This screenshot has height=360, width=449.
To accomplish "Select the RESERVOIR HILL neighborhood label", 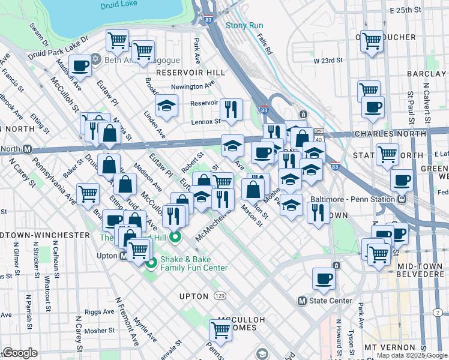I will [x=190, y=73].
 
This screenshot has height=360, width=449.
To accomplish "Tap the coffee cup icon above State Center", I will [x=324, y=278].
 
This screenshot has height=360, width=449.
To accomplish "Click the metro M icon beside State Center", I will [x=303, y=301].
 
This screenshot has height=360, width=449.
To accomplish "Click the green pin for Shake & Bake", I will [x=175, y=238].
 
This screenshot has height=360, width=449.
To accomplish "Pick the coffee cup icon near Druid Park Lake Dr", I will [x=80, y=65].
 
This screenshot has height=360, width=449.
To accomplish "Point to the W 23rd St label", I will [x=327, y=61].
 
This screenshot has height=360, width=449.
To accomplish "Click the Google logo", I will [x=20, y=353].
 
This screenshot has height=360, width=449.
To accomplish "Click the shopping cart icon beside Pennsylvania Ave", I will [x=88, y=194].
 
